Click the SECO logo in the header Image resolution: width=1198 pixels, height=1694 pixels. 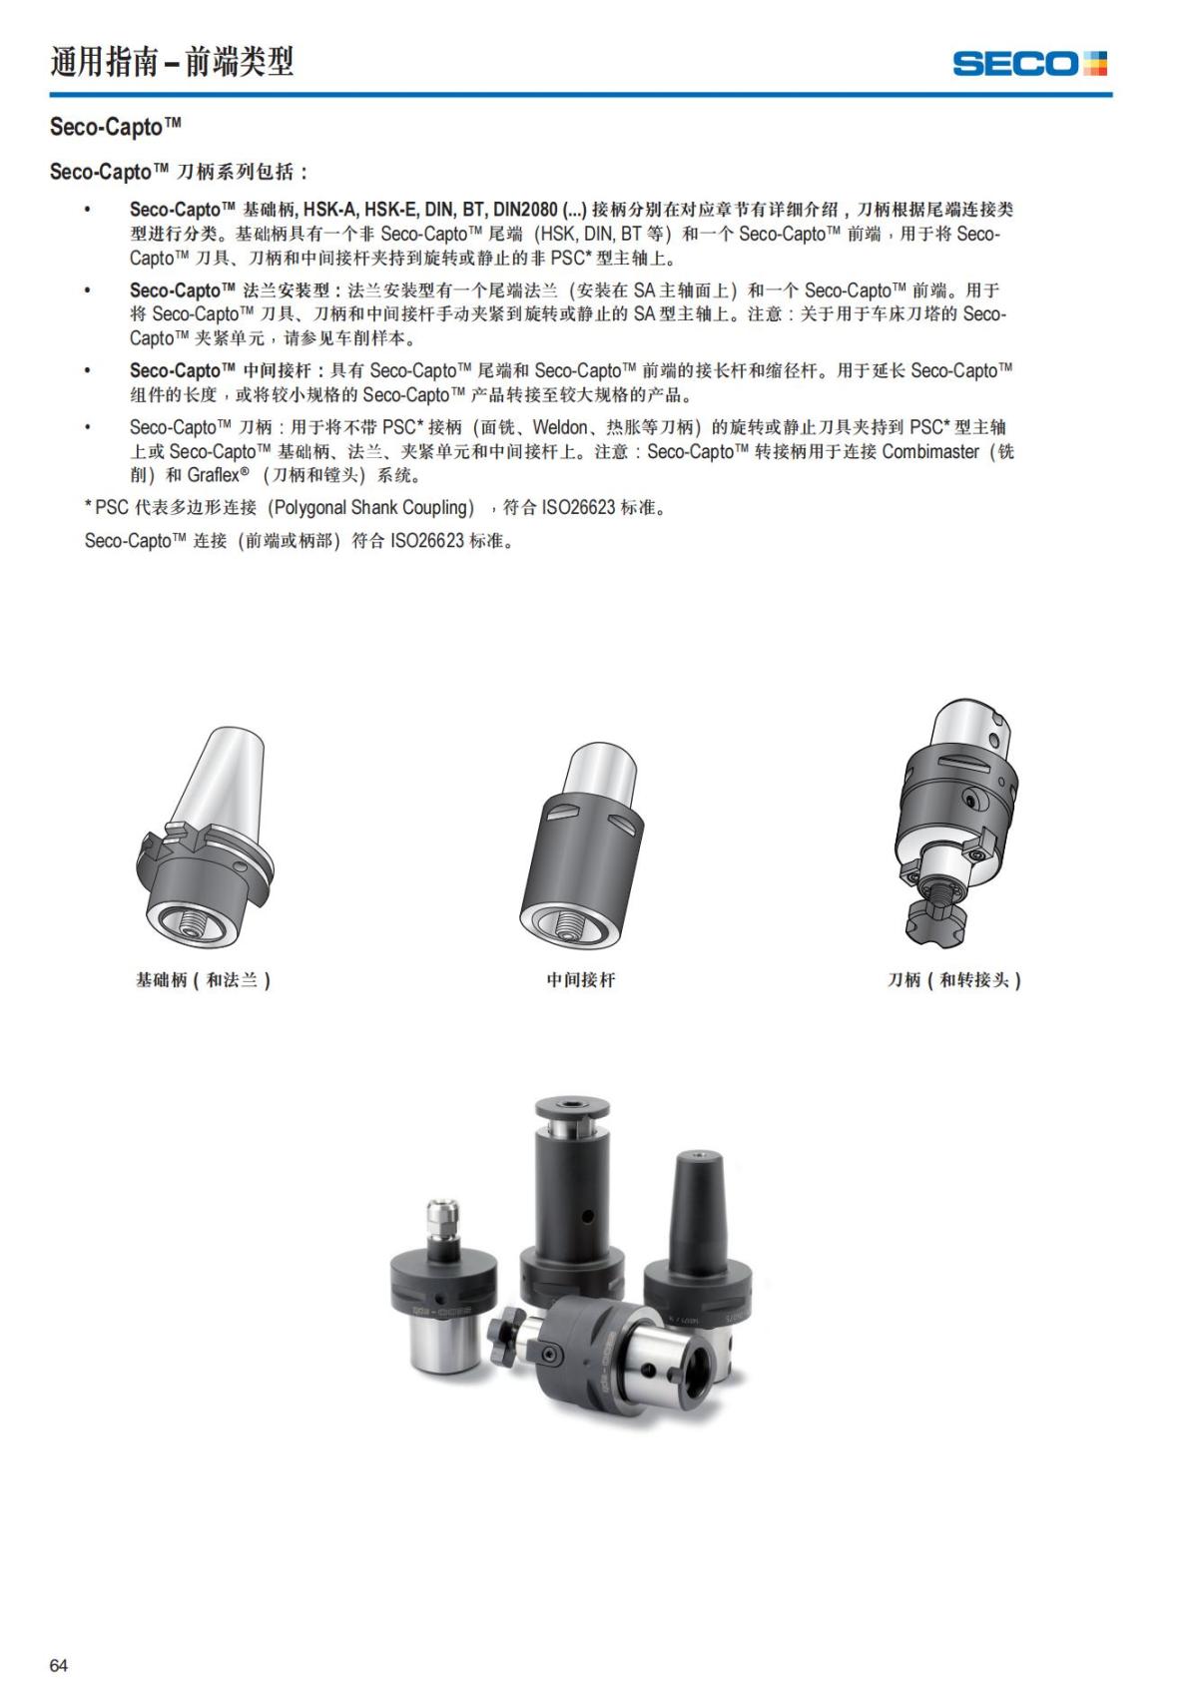(x=1028, y=64)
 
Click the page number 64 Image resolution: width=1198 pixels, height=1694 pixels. (x=59, y=1665)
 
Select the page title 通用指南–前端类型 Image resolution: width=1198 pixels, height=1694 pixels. (x=172, y=62)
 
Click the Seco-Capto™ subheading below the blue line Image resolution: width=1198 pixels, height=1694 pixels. (x=116, y=127)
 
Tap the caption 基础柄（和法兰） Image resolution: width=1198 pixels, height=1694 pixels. (x=203, y=980)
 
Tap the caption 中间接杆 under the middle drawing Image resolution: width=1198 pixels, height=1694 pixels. (x=580, y=980)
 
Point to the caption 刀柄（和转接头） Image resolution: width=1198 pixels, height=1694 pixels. (x=954, y=980)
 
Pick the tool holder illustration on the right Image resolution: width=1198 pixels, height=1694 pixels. (x=956, y=799)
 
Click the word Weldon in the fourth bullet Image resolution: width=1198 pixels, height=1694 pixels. (x=559, y=427)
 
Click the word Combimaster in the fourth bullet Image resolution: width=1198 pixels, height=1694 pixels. (x=930, y=451)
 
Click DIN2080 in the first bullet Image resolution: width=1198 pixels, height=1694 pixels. (x=525, y=210)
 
